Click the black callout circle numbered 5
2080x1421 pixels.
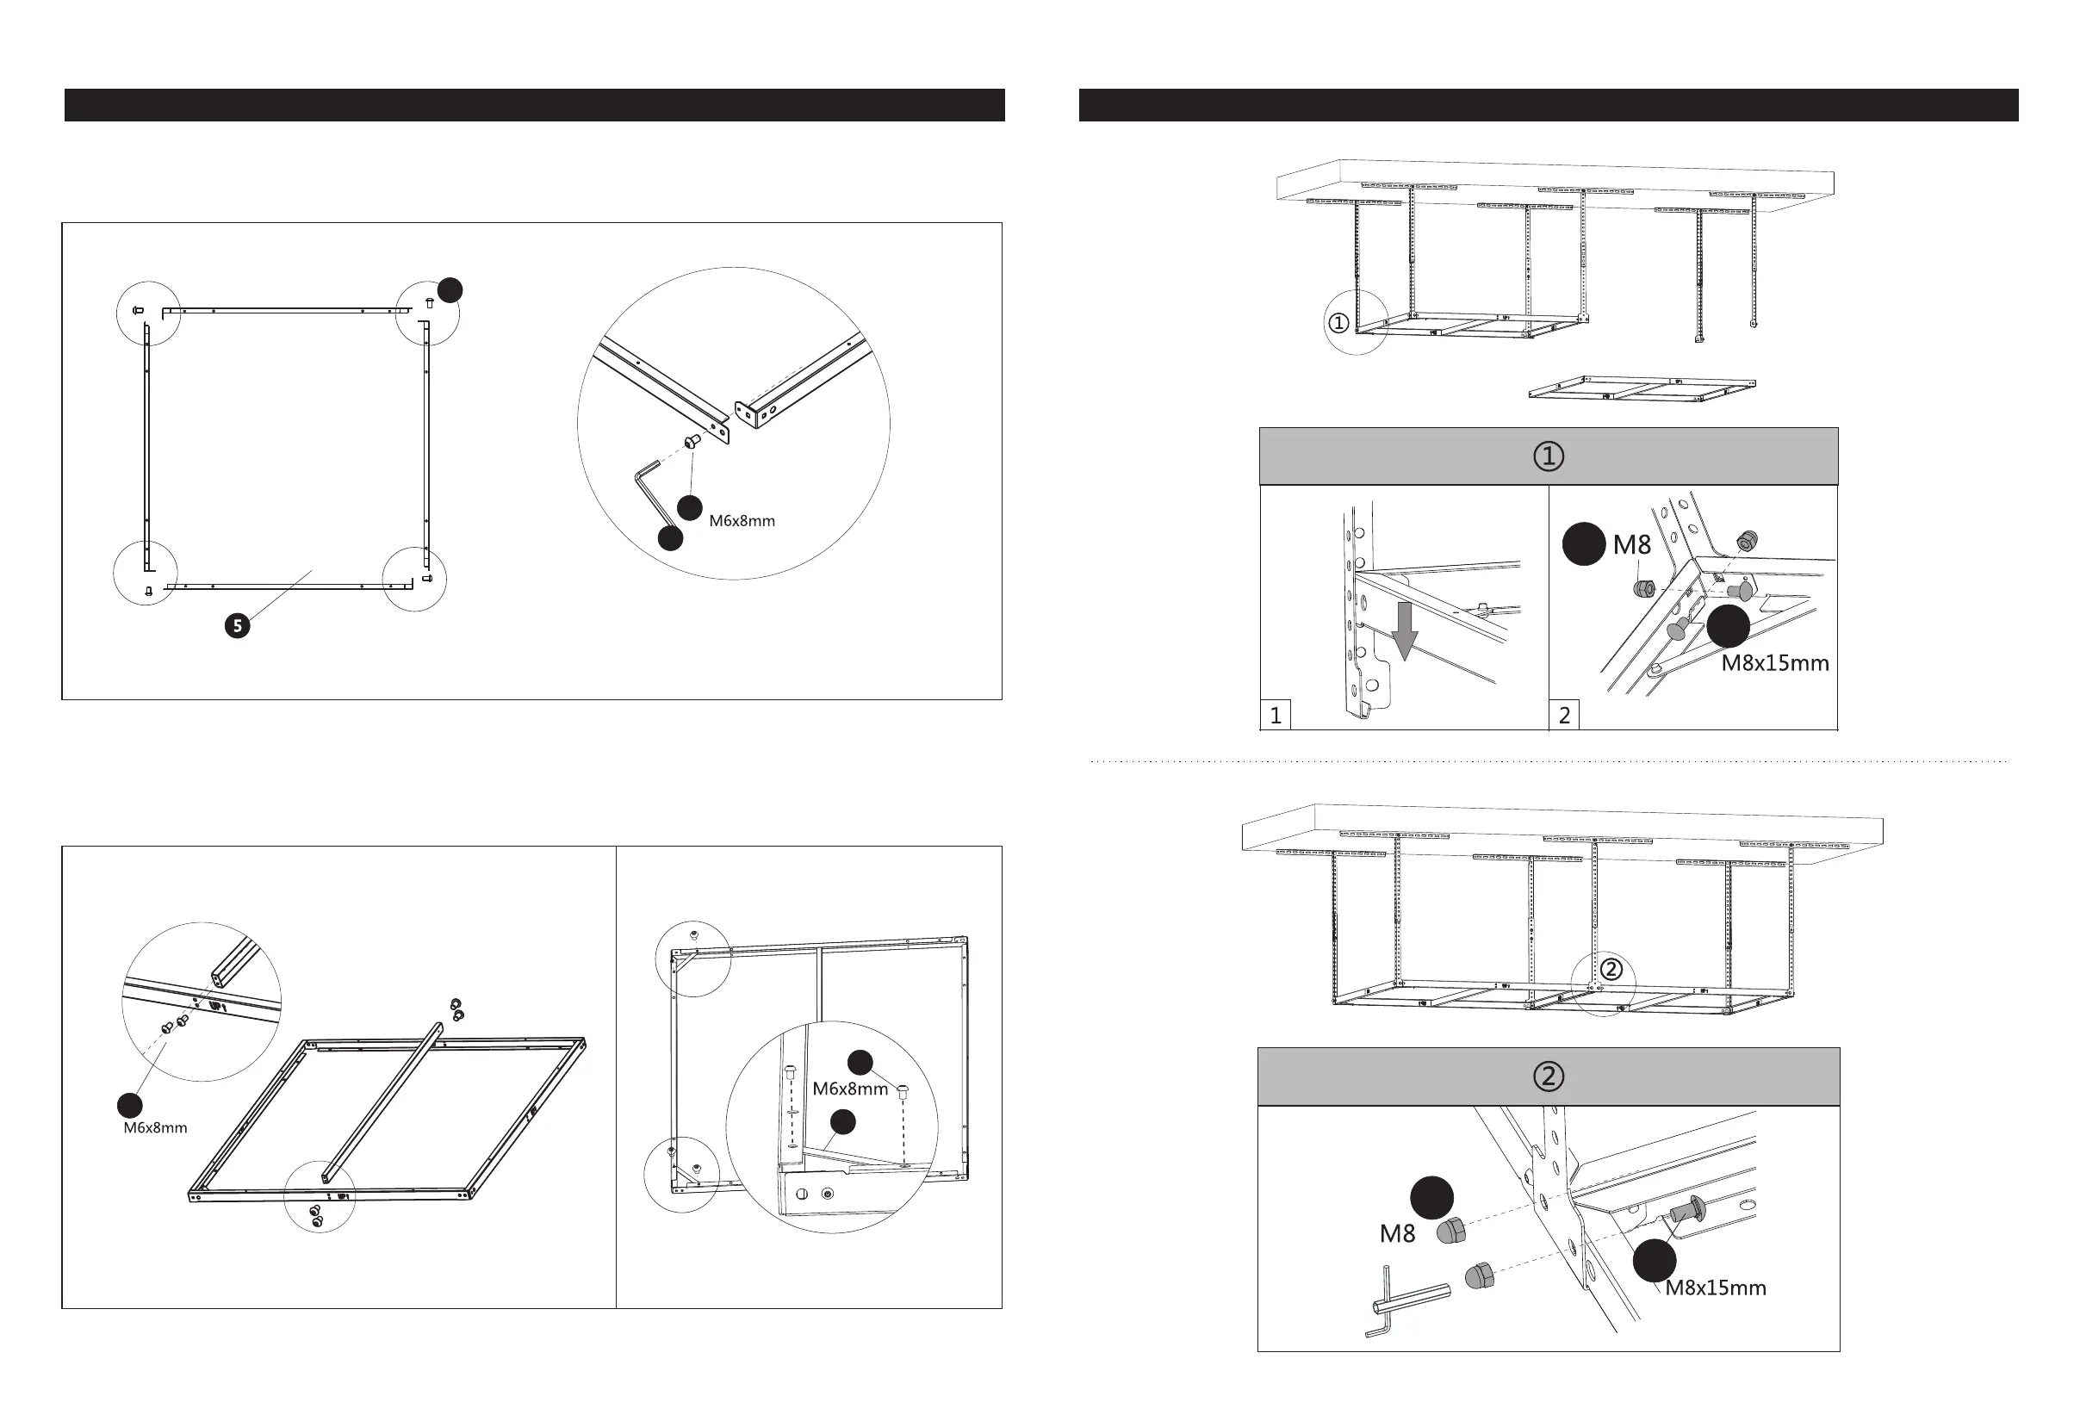tap(237, 625)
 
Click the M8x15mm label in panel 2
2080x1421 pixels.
tap(1775, 664)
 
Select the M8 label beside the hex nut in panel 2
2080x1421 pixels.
tap(1631, 545)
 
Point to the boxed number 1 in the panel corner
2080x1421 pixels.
tap(1276, 715)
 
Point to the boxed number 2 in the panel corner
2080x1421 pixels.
tap(1564, 715)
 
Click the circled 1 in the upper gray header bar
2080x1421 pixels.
tap(1549, 456)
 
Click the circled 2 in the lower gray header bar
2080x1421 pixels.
tap(1549, 1076)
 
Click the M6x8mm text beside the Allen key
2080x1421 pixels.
tap(742, 521)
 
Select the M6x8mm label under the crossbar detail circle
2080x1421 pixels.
tap(156, 1127)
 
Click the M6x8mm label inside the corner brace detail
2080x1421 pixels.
tap(850, 1089)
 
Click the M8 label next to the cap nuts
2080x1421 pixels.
tap(1397, 1234)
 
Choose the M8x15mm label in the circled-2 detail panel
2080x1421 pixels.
tap(1715, 1288)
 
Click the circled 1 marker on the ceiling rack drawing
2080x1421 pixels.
tap(1338, 323)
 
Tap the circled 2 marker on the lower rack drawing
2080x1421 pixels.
tap(1610, 969)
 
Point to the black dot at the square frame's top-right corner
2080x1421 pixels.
tap(450, 290)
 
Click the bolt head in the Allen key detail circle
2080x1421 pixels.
tap(691, 441)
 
